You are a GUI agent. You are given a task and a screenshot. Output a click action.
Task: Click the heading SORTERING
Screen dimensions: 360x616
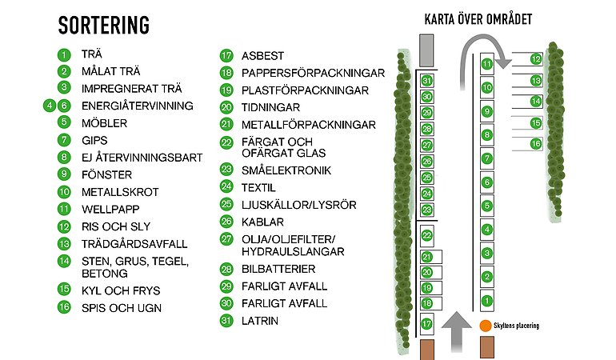104,26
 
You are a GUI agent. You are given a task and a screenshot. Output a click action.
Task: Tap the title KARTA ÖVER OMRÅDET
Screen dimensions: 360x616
478,19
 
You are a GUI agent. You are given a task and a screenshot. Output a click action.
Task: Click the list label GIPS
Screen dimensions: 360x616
94,140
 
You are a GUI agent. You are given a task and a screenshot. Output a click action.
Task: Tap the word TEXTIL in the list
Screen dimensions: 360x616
259,187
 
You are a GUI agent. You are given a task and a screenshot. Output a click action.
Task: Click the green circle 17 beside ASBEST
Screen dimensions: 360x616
226,56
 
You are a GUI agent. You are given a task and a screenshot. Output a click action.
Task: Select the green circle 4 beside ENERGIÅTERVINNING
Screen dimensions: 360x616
50,105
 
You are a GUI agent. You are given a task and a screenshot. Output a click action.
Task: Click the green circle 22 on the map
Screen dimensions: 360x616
427,234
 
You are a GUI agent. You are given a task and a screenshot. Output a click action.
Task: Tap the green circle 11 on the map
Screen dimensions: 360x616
487,64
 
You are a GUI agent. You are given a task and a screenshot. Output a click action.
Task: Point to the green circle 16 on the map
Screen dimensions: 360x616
536,143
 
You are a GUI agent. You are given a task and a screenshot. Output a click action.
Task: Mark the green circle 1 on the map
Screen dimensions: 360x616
487,301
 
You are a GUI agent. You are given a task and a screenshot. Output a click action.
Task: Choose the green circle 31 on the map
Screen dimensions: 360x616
427,81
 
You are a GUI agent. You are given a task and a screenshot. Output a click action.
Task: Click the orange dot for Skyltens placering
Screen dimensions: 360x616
485,326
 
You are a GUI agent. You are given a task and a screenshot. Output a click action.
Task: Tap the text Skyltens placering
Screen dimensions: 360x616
516,326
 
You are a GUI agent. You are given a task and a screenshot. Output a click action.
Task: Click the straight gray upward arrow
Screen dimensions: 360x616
457,328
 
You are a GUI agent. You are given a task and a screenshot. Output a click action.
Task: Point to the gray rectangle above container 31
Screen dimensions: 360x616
426,52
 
